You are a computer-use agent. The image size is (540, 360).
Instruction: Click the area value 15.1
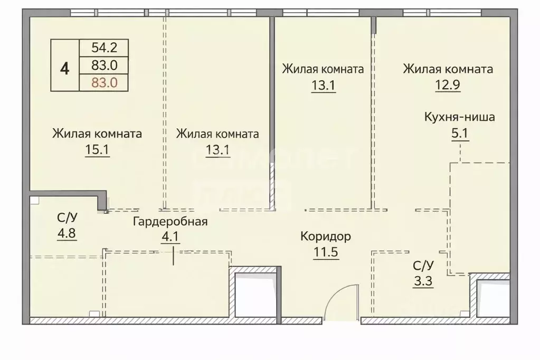pyautogui.click(x=97, y=150)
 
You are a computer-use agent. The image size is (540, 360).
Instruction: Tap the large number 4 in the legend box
pyautogui.click(x=64, y=68)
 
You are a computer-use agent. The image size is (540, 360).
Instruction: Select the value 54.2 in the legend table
pyautogui.click(x=103, y=48)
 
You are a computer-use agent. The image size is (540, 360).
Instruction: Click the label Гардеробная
pyautogui.click(x=170, y=221)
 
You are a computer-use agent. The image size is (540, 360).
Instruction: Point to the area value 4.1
pyautogui.click(x=170, y=236)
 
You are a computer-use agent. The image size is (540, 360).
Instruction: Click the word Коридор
pyautogui.click(x=325, y=236)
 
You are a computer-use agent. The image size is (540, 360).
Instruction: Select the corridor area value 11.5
pyautogui.click(x=325, y=251)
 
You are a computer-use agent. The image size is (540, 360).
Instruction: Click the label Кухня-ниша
pyautogui.click(x=459, y=117)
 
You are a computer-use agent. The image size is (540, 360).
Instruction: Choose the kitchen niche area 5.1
pyautogui.click(x=459, y=132)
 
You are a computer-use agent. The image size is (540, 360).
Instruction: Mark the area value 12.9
pyautogui.click(x=448, y=84)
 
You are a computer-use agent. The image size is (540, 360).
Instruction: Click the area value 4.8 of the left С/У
pyautogui.click(x=67, y=233)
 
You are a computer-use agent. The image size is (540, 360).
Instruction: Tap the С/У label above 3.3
pyautogui.click(x=423, y=265)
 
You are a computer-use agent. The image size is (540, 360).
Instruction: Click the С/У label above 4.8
pyautogui.click(x=67, y=217)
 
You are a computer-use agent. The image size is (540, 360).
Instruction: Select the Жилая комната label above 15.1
pyautogui.click(x=97, y=134)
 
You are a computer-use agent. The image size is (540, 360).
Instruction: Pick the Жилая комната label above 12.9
pyautogui.click(x=448, y=69)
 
